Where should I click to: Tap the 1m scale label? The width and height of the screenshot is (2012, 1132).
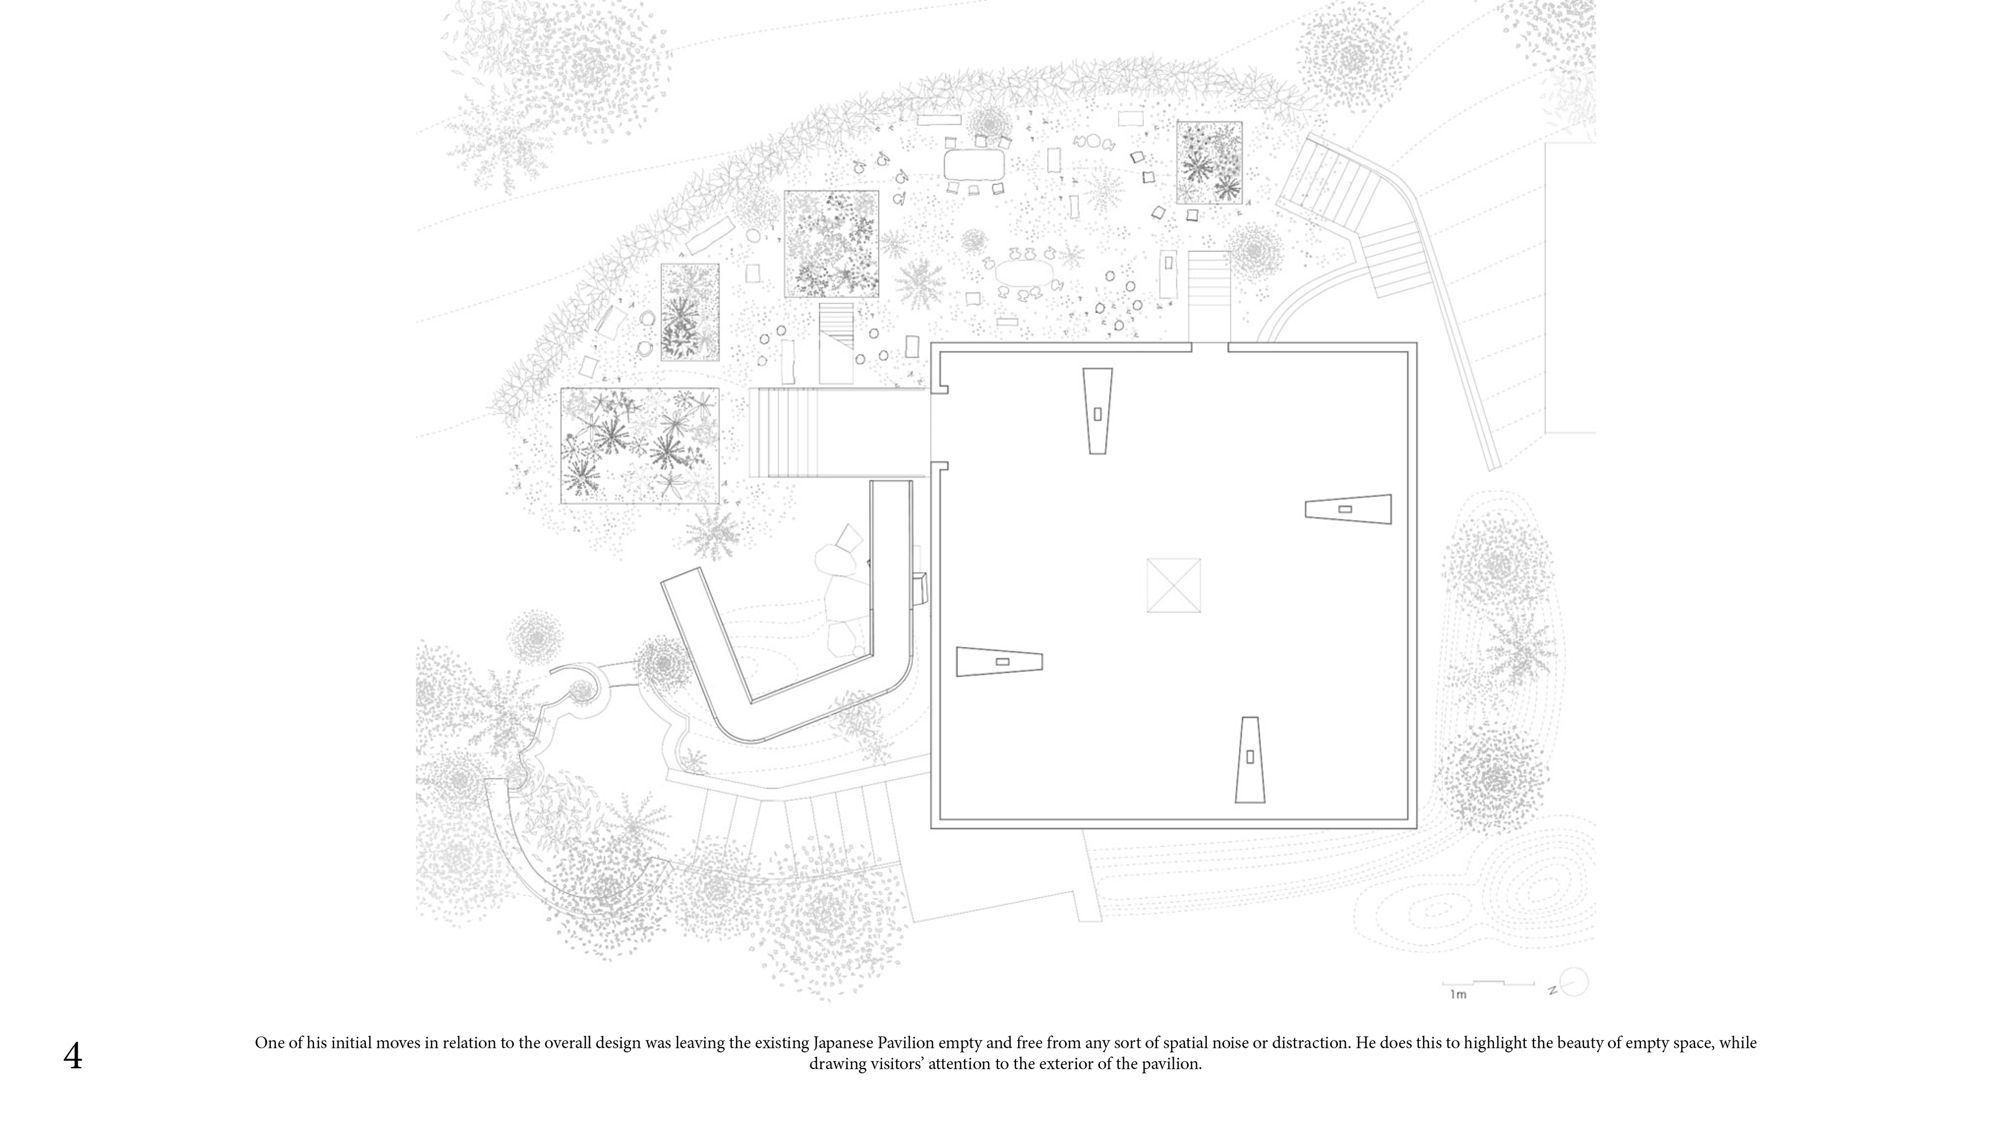[1458, 995]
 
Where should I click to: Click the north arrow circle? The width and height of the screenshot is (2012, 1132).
[1574, 982]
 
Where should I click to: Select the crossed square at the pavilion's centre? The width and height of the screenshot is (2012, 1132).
[1173, 585]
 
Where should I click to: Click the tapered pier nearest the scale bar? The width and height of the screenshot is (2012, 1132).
[1250, 759]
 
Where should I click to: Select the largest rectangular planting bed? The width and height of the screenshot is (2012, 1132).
[639, 445]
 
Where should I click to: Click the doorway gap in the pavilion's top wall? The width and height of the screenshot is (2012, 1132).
[1209, 346]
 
